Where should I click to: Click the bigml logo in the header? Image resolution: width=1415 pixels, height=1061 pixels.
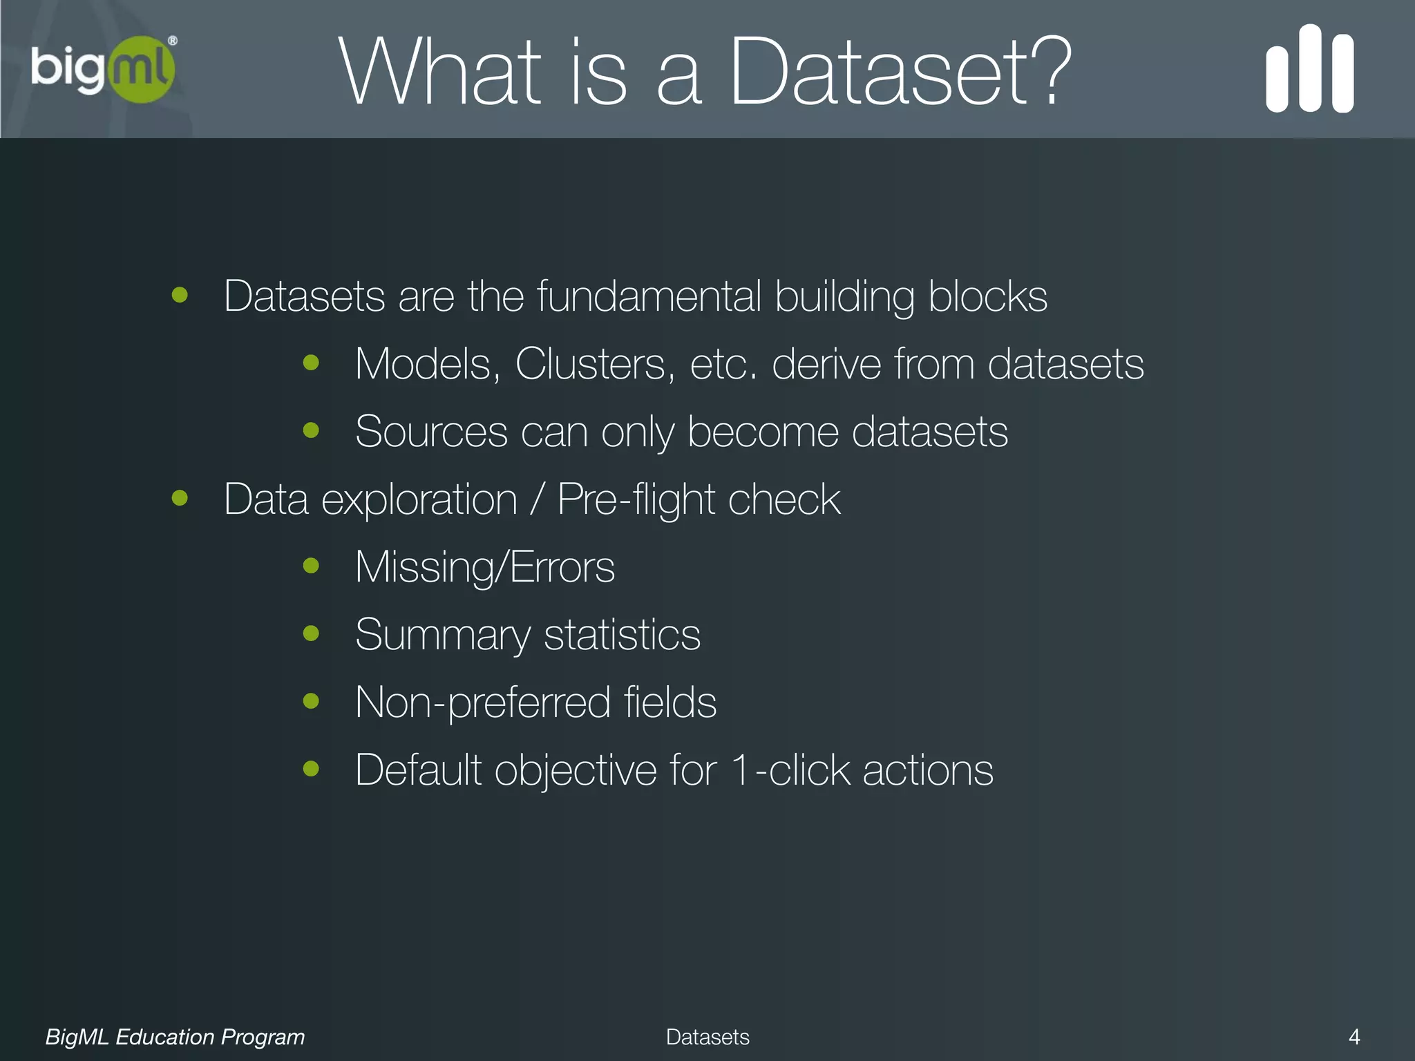point(104,69)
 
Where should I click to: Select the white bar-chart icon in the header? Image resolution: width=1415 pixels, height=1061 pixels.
point(1309,69)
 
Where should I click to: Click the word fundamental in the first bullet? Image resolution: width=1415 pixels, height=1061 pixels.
point(648,296)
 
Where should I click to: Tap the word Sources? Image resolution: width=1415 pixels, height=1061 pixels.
point(431,432)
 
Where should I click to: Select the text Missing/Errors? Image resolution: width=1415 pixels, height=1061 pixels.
point(484,567)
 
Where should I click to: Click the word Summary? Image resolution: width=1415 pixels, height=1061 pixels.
point(442,635)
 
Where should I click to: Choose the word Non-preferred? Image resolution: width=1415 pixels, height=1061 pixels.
point(482,702)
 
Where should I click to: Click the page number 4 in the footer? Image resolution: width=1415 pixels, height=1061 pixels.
point(1354,1037)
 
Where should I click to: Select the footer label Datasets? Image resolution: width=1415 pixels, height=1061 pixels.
point(707,1037)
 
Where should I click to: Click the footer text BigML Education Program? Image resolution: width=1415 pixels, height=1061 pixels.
point(175,1037)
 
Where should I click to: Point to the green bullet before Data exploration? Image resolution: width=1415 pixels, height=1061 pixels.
point(180,498)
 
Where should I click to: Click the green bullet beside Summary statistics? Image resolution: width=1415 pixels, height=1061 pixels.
point(311,633)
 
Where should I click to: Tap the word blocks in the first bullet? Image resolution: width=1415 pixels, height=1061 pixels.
point(987,296)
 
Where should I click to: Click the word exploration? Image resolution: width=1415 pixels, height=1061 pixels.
point(419,499)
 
